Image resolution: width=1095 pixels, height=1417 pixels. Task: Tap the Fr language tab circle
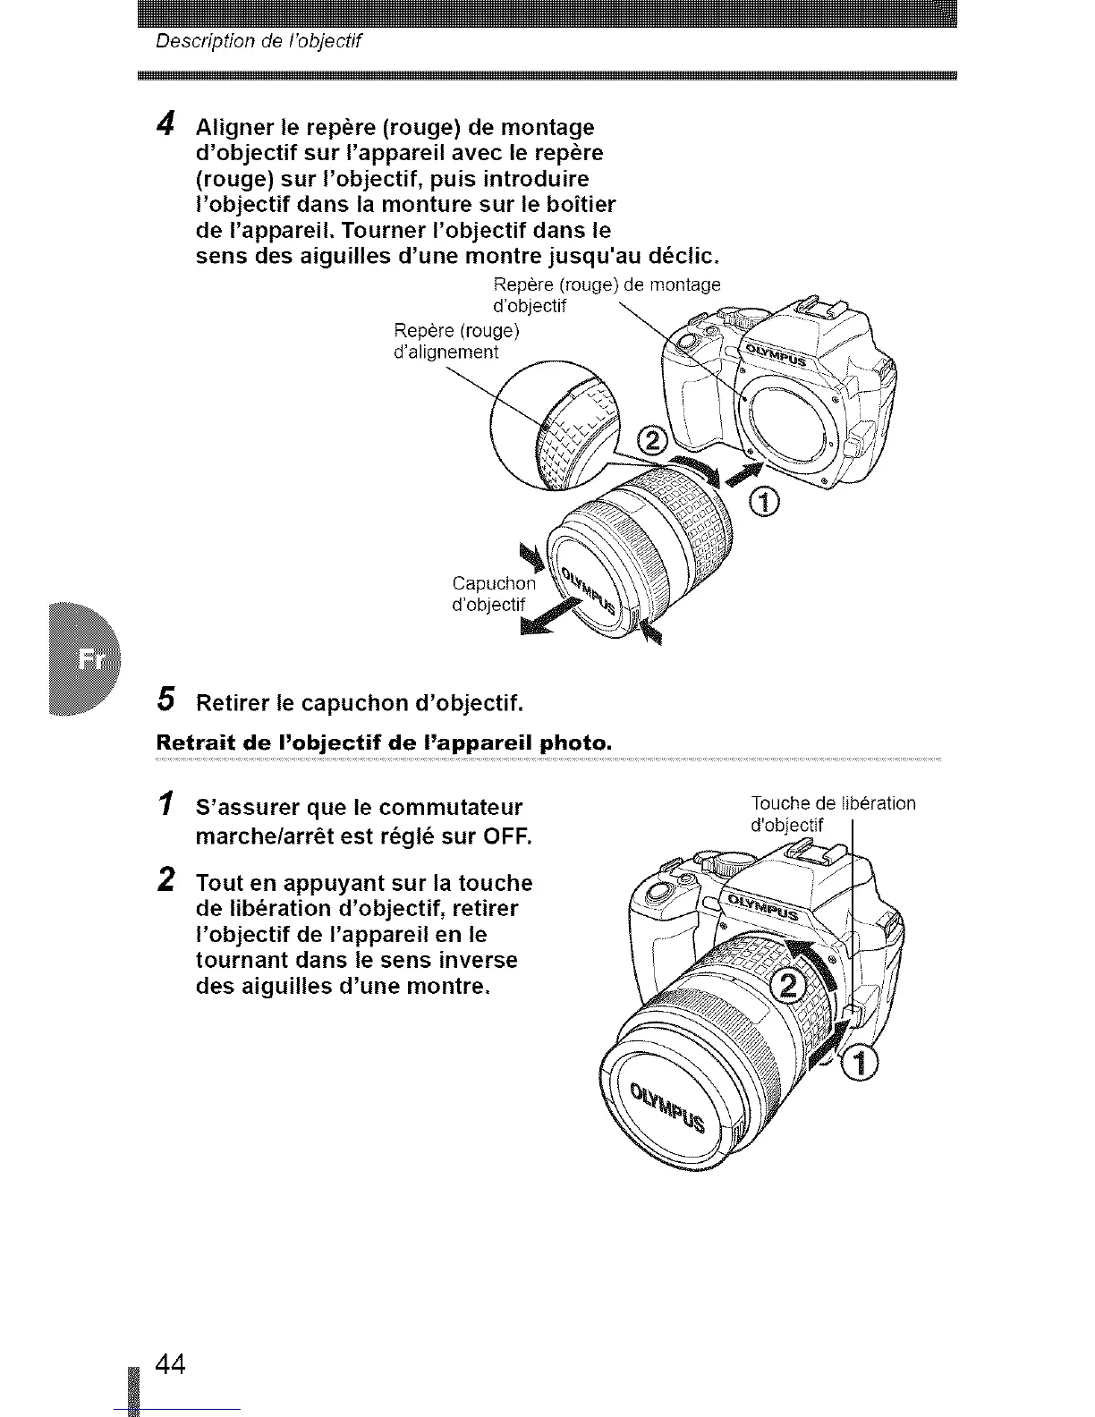(x=90, y=659)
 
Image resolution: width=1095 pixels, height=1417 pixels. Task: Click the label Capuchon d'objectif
(x=495, y=594)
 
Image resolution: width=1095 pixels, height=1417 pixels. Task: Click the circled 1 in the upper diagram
(x=766, y=504)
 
